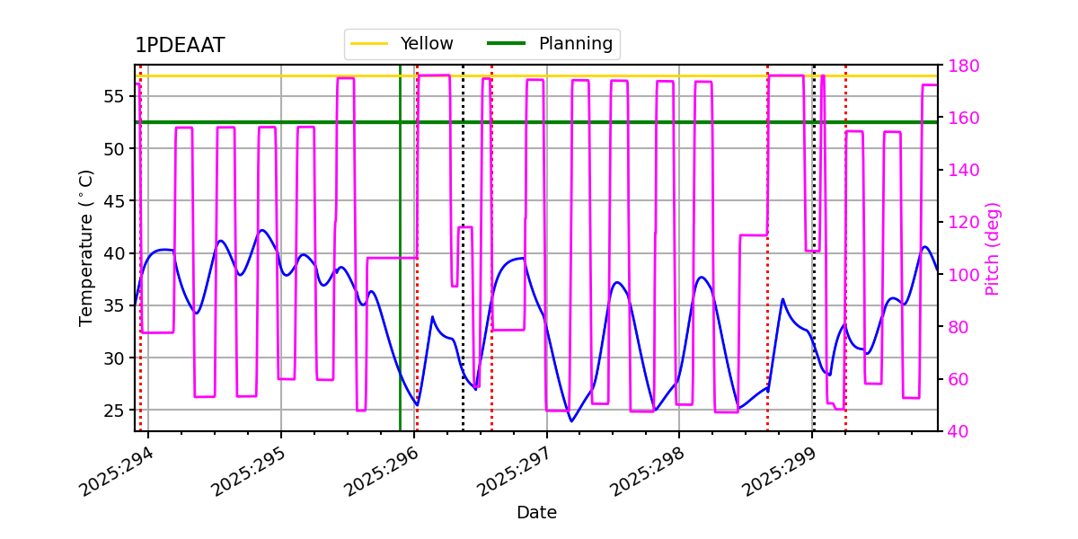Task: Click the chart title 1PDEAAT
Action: pyautogui.click(x=180, y=46)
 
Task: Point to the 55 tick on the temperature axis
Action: pyautogui.click(x=117, y=96)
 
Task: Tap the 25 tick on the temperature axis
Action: pyautogui.click(x=117, y=411)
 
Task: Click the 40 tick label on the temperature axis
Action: pyautogui.click(x=117, y=253)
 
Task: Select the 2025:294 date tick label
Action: pyautogui.click(x=117, y=472)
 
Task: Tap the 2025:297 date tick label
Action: pyautogui.click(x=515, y=472)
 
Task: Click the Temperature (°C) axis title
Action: pyautogui.click(x=86, y=247)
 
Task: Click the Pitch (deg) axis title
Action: pyautogui.click(x=993, y=248)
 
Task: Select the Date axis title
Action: pyautogui.click(x=536, y=513)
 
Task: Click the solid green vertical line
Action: pyautogui.click(x=400, y=269)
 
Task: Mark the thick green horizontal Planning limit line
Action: pyautogui.click(x=629, y=122)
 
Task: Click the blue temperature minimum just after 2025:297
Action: pyautogui.click(x=570, y=420)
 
